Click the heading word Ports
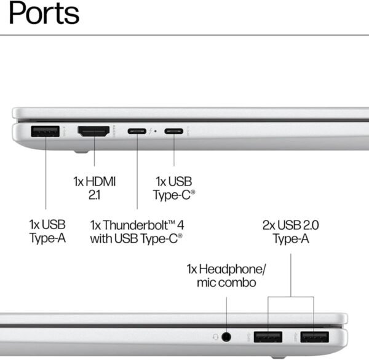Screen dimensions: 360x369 pyautogui.click(x=44, y=14)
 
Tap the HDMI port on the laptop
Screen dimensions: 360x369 pyautogui.click(x=93, y=131)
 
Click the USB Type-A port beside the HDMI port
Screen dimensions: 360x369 pyautogui.click(x=45, y=131)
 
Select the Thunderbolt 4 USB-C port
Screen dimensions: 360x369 pyautogui.click(x=136, y=131)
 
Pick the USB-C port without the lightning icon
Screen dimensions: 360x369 pyautogui.click(x=173, y=131)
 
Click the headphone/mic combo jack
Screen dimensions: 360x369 pyautogui.click(x=227, y=336)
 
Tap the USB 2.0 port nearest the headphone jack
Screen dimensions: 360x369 pyautogui.click(x=268, y=336)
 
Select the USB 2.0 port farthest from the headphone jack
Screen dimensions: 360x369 pyautogui.click(x=314, y=336)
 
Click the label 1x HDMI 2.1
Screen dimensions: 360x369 pyautogui.click(x=94, y=188)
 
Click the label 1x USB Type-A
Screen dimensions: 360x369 pyautogui.click(x=47, y=231)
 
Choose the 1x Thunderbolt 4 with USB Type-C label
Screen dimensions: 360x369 pyautogui.click(x=136, y=231)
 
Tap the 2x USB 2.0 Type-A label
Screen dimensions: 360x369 pyautogui.click(x=291, y=231)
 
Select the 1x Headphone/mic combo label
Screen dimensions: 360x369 pyautogui.click(x=227, y=276)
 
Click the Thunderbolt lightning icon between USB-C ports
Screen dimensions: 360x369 pyautogui.click(x=150, y=131)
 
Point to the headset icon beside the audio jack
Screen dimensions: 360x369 pyautogui.click(x=215, y=336)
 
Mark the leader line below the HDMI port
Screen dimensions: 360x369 pyautogui.click(x=93, y=154)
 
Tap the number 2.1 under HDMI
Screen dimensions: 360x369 pyautogui.click(x=94, y=195)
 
